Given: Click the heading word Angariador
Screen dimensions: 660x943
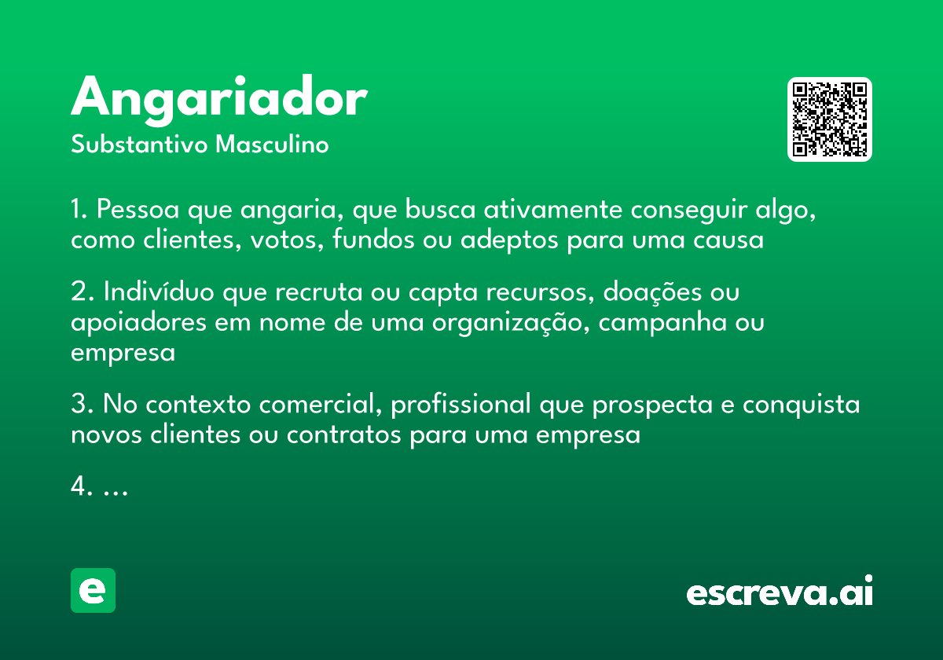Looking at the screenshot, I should point(219,99).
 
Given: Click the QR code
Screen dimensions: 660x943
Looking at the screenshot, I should point(830,119).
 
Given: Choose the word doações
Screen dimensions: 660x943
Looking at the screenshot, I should point(654,293).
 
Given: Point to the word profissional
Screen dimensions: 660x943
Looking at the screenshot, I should point(460,405).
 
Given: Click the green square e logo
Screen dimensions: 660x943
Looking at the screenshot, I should point(93,590).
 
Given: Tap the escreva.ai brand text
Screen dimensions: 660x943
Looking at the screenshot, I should point(779,592).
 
